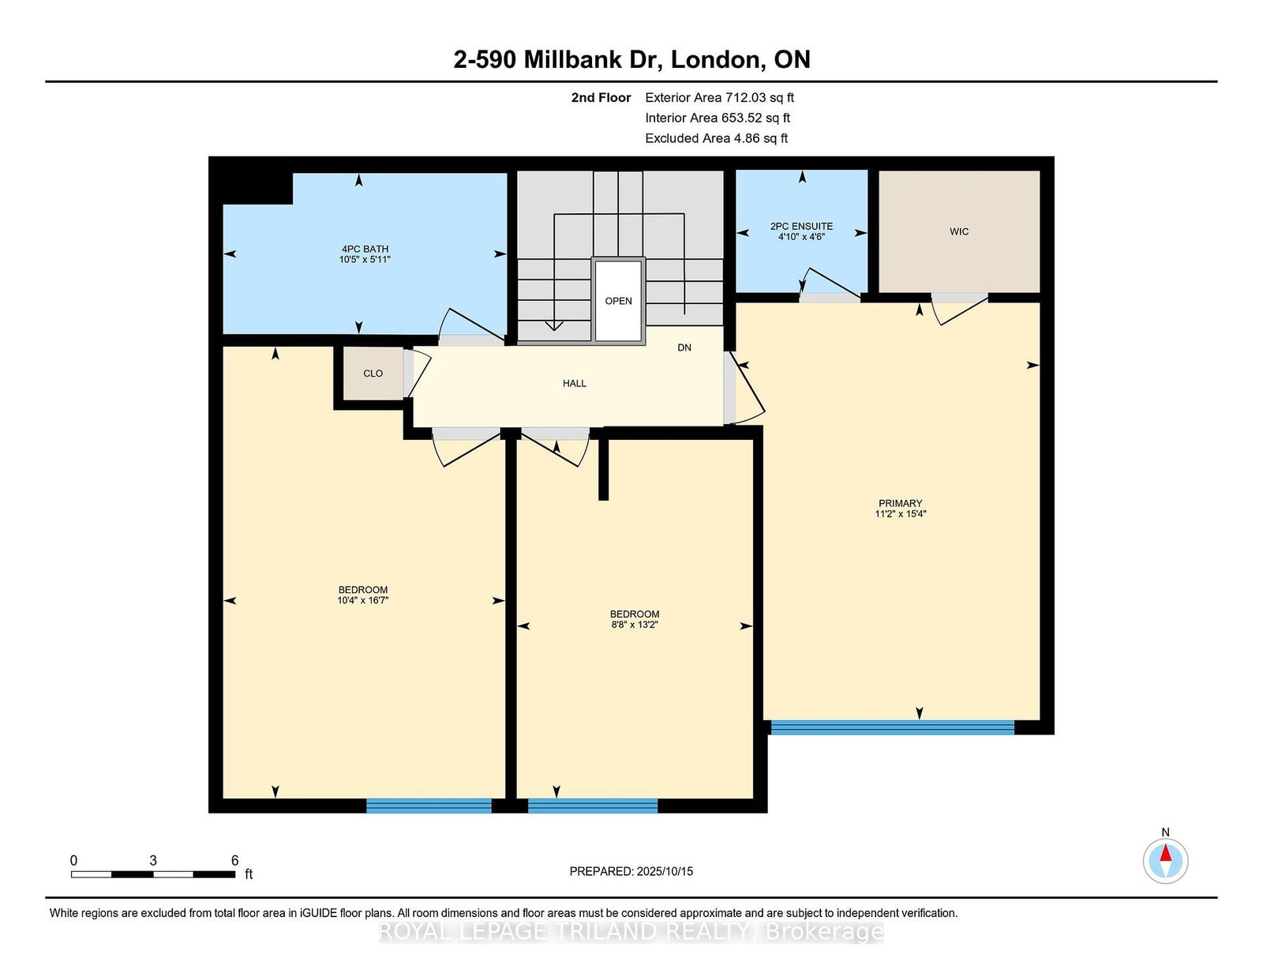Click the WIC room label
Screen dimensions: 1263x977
coord(958,231)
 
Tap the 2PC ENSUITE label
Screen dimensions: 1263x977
coord(801,226)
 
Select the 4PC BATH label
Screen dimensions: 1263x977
coord(365,249)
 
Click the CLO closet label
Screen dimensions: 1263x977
coord(373,374)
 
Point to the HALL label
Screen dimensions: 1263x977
coord(574,383)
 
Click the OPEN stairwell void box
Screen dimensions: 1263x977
coord(618,300)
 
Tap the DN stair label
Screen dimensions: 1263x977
coord(684,348)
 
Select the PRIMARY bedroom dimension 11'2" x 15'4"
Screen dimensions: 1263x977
coord(901,514)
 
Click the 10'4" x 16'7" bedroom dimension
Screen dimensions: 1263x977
coord(362,600)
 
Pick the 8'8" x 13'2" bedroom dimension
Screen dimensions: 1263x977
coord(634,625)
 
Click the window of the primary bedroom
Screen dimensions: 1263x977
coord(892,727)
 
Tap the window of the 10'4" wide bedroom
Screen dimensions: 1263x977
coord(429,806)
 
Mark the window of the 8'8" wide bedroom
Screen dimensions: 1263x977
coord(593,806)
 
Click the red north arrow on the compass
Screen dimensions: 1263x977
coord(1165,852)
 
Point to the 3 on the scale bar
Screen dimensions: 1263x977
coord(153,861)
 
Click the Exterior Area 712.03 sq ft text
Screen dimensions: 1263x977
coord(720,98)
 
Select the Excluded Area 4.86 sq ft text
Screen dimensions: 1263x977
coord(717,138)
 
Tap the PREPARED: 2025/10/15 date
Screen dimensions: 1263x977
coord(631,871)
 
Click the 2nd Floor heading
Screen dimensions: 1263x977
coord(601,98)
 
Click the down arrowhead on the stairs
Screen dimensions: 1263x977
coord(554,325)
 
